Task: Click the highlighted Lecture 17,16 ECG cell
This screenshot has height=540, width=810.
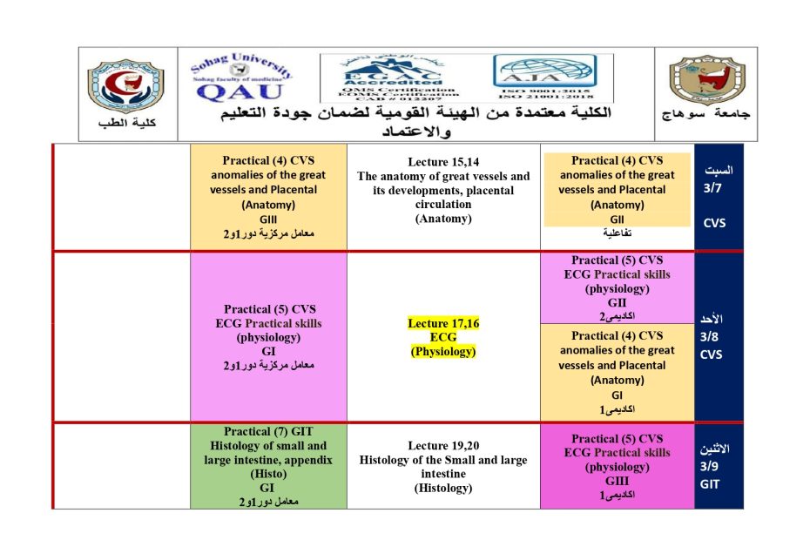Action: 443,337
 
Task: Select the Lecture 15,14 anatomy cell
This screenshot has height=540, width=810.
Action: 443,191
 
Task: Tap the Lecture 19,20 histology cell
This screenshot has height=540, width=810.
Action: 443,466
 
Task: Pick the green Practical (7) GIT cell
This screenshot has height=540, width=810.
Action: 268,466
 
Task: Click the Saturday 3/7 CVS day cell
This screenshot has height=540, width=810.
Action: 719,196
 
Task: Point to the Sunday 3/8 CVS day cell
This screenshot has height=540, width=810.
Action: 719,336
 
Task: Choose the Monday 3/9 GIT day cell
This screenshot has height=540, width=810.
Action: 719,466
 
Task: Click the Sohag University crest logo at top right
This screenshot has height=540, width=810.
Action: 705,87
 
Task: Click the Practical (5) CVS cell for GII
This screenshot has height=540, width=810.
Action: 618,287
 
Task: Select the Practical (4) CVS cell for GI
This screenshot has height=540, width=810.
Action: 618,372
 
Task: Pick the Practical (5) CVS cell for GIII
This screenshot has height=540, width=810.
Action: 618,466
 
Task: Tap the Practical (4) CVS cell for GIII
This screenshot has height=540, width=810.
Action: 268,197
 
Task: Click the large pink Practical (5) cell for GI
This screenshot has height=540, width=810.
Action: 268,337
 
